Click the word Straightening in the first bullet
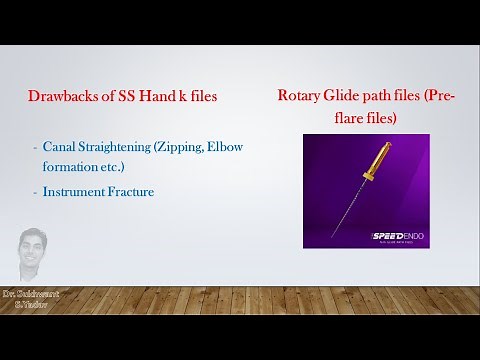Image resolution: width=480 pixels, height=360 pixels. pyautogui.click(x=118, y=147)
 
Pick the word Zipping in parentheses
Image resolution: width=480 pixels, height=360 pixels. pyautogui.click(x=180, y=147)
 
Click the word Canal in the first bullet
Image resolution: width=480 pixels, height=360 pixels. pyautogui.click(x=60, y=147)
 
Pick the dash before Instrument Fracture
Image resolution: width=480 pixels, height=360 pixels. pyautogui.click(x=35, y=190)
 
